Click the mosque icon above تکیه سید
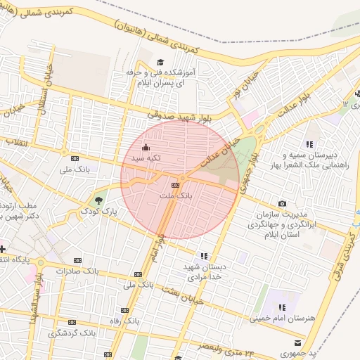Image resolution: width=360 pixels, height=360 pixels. click(x=146, y=148)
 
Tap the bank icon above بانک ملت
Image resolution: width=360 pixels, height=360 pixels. click(x=175, y=184)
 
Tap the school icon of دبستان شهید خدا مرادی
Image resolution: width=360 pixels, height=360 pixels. click(x=204, y=257)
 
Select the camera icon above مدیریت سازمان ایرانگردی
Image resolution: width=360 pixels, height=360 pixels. click(x=283, y=203)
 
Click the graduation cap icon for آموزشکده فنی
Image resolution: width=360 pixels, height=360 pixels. click(x=160, y=63)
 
